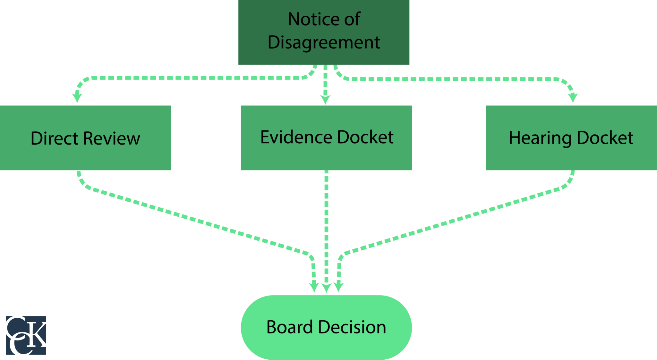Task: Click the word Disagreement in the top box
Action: [x=324, y=43]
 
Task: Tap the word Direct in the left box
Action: [x=54, y=138]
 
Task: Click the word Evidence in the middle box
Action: [x=296, y=138]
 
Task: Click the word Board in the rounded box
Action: [x=289, y=327]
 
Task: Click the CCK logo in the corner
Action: [x=26, y=335]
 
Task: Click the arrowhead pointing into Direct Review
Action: [x=77, y=97]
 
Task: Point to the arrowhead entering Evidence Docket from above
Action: [x=325, y=100]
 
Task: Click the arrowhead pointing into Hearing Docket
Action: [x=573, y=97]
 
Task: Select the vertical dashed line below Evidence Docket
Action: [x=326, y=224]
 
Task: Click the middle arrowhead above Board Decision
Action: [x=326, y=288]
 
